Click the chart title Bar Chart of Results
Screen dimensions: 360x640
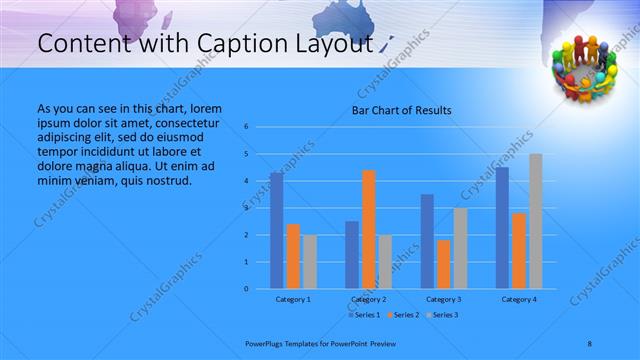[x=400, y=110]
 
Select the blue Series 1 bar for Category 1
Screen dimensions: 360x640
[x=276, y=230]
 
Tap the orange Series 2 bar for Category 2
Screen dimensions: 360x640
[x=368, y=229]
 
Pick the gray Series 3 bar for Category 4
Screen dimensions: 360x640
[x=536, y=221]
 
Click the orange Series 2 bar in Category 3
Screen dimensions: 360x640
[x=443, y=264]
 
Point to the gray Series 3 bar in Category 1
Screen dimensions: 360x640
[x=309, y=262]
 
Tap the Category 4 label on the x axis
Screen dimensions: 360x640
[x=518, y=299]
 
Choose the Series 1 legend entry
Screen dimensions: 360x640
[x=362, y=315]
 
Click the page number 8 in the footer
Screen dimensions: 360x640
[x=590, y=343]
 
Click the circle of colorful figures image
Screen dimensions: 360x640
[x=585, y=67]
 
